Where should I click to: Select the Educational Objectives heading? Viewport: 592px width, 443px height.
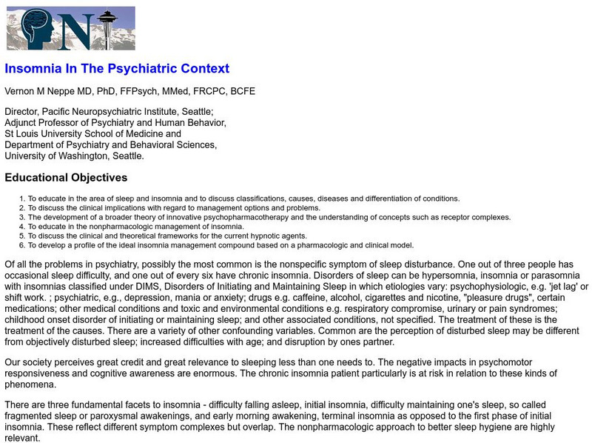coord(66,178)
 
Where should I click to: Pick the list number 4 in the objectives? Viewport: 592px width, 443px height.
coord(23,227)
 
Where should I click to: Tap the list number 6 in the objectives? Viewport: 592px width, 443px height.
coord(23,245)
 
